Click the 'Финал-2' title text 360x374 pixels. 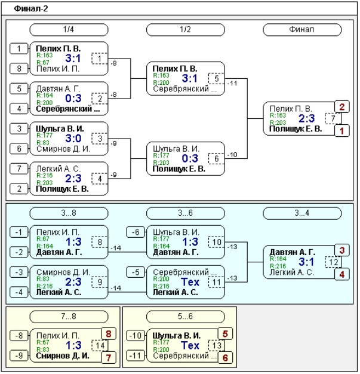(31, 9)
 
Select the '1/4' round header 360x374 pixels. (69, 30)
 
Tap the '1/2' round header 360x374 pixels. (185, 30)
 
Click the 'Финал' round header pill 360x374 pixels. (302, 30)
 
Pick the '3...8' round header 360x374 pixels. (69, 213)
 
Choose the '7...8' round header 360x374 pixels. (69, 317)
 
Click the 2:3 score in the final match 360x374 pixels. (307, 118)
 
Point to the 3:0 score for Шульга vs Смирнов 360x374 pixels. (73, 139)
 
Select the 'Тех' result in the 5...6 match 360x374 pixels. (190, 345)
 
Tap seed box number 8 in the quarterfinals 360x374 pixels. (19, 69)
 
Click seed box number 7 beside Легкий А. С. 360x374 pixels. (19, 169)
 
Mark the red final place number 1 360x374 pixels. (342, 131)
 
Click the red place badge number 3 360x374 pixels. (342, 250)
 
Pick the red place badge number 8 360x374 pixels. (109, 334)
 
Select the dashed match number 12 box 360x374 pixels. (333, 262)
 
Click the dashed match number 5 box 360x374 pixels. (216, 79)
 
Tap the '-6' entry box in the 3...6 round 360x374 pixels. (136, 232)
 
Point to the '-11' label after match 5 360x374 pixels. (232, 84)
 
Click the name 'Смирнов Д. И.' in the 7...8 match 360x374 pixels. (63, 356)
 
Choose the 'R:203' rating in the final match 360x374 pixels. (278, 122)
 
